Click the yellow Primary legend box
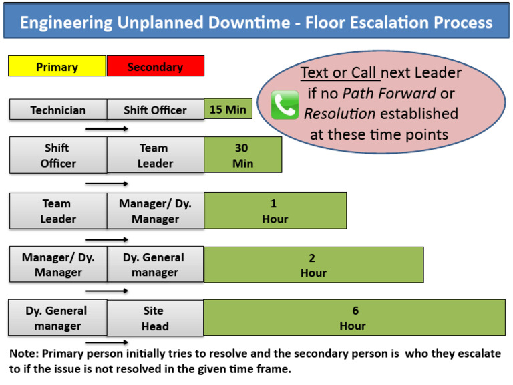[57, 66]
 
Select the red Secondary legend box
[155, 66]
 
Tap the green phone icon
[285, 106]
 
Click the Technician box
[58, 110]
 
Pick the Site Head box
[155, 318]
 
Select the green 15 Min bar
[228, 109]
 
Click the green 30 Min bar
[242, 155]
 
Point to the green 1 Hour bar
[275, 211]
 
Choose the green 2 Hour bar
[313, 265]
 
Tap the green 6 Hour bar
[353, 317]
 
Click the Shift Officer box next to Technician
[155, 110]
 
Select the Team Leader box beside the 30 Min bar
[155, 155]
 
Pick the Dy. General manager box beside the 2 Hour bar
[155, 265]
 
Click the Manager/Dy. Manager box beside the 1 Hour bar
[155, 211]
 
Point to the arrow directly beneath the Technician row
[107, 128]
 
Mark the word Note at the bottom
[23, 354]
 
